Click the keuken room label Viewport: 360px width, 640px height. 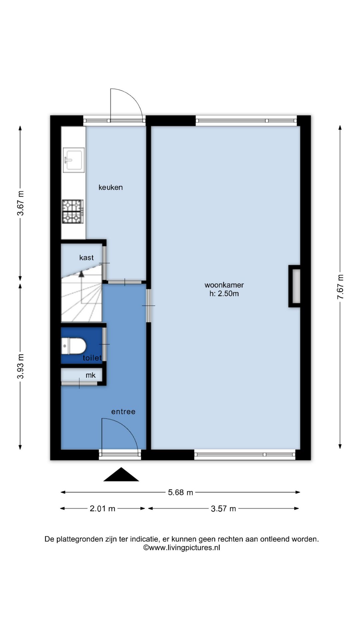(x=111, y=187)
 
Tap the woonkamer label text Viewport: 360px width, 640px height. (x=224, y=285)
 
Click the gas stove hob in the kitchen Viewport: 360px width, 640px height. (x=72, y=211)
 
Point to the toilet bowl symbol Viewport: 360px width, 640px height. (x=74, y=346)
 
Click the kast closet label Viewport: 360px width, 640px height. (x=86, y=258)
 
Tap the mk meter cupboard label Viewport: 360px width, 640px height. (x=91, y=375)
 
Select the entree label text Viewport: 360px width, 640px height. (x=123, y=412)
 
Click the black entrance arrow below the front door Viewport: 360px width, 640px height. (x=121, y=475)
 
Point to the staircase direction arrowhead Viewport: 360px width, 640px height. (x=81, y=274)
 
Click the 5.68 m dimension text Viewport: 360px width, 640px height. (x=180, y=492)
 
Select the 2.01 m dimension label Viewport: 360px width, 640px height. (x=102, y=509)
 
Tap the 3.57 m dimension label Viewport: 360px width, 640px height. (x=223, y=509)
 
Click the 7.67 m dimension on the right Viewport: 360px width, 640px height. (x=340, y=287)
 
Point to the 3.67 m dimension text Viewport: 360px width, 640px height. (x=21, y=203)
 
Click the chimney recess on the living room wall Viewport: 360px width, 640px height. (x=295, y=286)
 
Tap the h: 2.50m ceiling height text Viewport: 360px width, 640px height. (x=224, y=294)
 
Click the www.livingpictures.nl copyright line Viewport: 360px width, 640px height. (x=182, y=548)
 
